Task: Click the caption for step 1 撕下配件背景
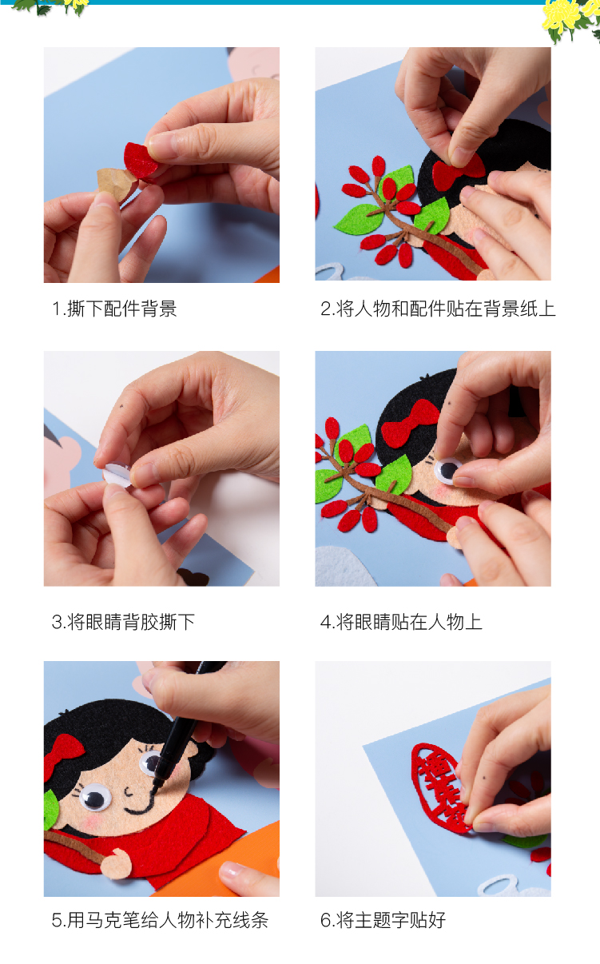coord(114,309)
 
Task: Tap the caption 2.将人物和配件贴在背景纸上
coord(438,309)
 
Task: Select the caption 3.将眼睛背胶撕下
coord(124,622)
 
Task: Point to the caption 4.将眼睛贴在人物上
coord(401,622)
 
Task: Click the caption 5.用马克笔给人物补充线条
coord(160,920)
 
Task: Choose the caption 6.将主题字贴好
coord(383,920)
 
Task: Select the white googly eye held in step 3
coord(117,475)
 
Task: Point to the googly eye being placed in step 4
coord(447,471)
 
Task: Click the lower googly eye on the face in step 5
coord(96,797)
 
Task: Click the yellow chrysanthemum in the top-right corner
coord(562,18)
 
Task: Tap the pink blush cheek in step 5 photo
coord(91,822)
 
